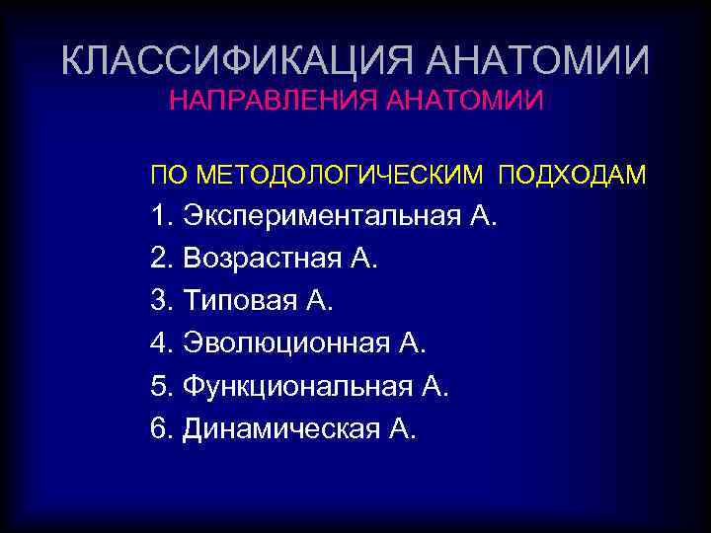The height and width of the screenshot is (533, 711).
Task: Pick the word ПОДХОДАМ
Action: coord(573,176)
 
